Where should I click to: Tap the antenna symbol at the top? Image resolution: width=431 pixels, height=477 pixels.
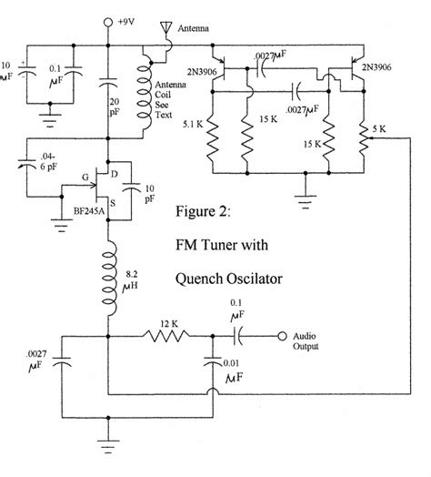click(x=164, y=30)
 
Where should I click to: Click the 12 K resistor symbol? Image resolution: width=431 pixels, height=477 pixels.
click(x=168, y=336)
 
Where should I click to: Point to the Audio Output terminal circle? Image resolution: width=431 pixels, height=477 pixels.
click(x=284, y=335)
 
